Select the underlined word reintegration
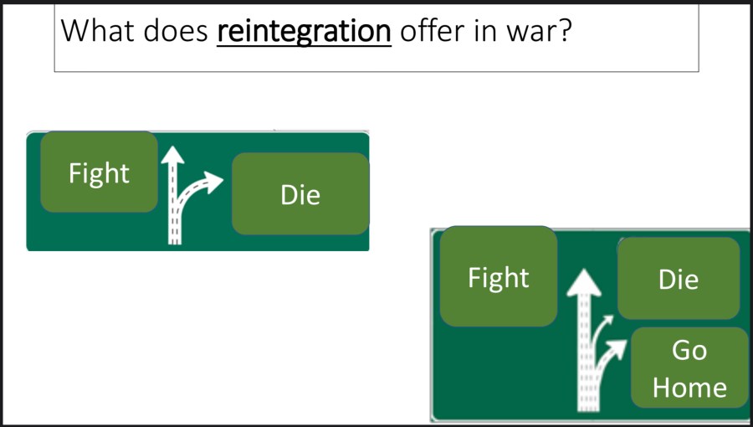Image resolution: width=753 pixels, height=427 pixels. tap(304, 31)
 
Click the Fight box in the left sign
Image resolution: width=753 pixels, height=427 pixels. tap(99, 172)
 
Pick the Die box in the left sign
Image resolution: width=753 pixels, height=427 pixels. tap(300, 193)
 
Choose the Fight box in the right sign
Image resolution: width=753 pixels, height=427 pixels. tap(499, 276)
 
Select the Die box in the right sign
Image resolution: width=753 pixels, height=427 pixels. tap(679, 279)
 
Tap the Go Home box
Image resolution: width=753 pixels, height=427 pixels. tap(689, 368)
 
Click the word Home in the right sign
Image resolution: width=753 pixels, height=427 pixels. tap(689, 387)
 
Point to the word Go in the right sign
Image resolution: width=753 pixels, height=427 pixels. tap(689, 350)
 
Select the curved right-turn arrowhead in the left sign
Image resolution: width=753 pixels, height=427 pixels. tap(215, 178)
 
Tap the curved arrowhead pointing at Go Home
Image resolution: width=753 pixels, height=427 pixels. tap(619, 344)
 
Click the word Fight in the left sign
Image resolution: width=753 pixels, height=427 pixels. tap(99, 173)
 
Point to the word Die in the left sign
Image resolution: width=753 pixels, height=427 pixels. tap(300, 195)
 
